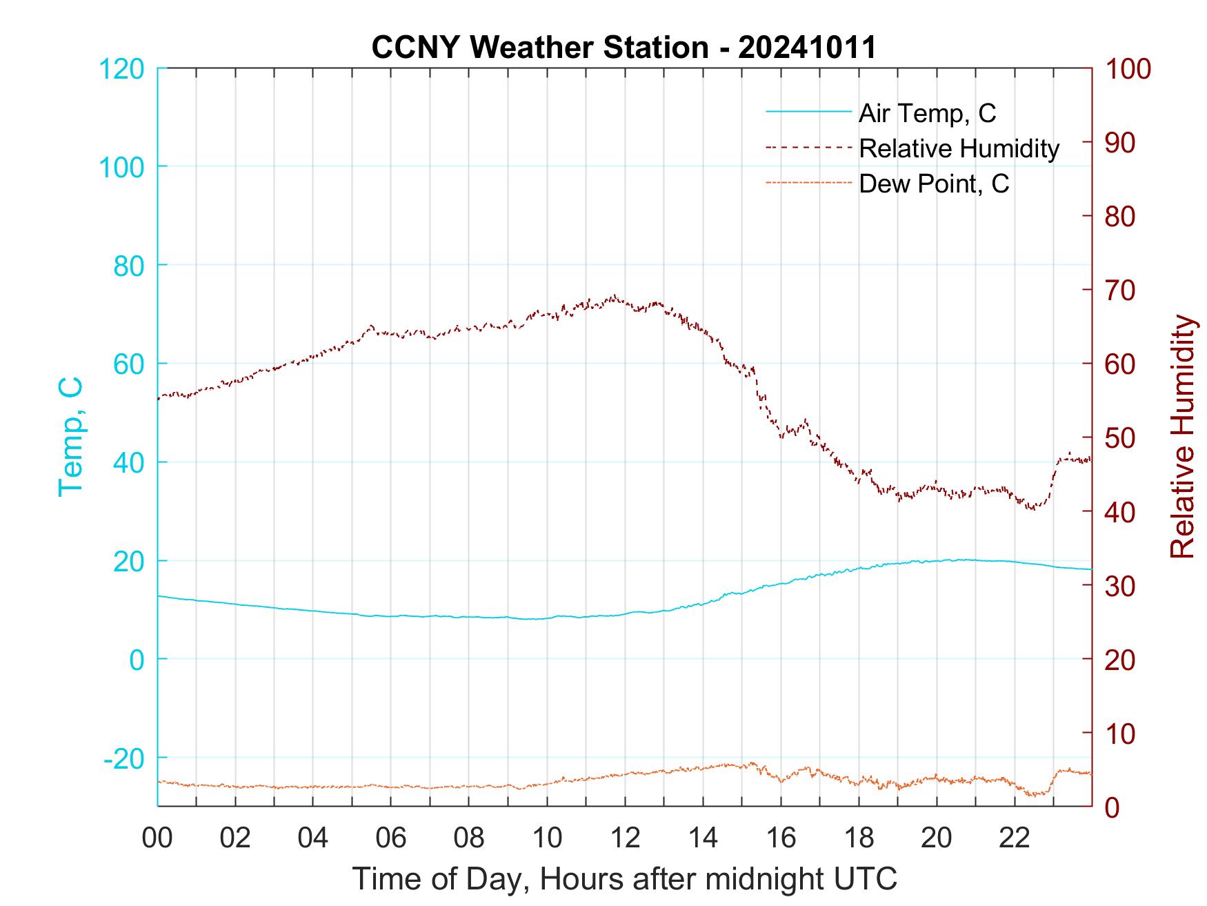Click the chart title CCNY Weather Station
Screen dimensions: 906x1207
coord(624,48)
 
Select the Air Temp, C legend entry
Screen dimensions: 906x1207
coord(927,112)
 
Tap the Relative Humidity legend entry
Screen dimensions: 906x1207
coord(959,148)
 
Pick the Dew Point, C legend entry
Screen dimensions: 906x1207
coord(934,184)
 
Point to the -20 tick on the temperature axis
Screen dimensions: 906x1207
coord(124,758)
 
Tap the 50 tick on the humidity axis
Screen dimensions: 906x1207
coord(1121,437)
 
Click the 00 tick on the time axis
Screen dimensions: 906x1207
coord(157,838)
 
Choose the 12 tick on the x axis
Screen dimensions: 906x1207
coord(625,838)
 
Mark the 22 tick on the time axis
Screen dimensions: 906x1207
coord(1015,838)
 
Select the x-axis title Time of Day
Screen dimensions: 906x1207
coord(625,878)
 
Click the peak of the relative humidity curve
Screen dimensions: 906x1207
coord(614,296)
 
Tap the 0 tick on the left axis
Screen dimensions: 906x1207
coord(137,660)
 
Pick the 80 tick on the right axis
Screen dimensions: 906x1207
coord(1121,217)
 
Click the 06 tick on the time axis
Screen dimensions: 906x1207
coord(391,838)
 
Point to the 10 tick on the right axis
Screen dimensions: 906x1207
coord(1121,733)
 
